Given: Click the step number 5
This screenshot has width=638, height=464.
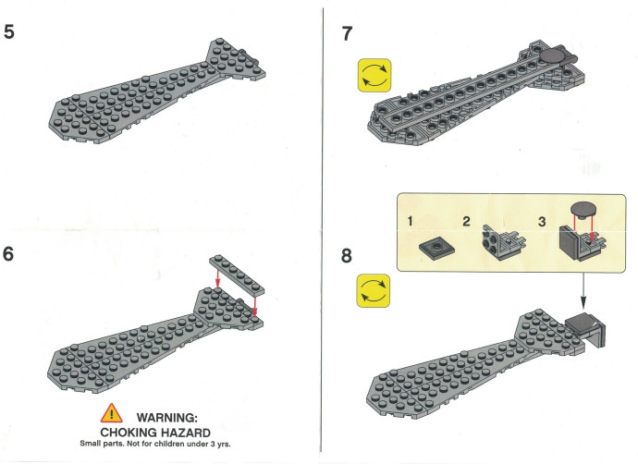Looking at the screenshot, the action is (x=9, y=31).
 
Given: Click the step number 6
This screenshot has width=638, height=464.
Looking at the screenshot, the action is (x=8, y=254).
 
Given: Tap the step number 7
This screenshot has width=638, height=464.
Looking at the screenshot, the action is (x=347, y=34).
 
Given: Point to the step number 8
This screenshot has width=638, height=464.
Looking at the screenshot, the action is (x=346, y=256).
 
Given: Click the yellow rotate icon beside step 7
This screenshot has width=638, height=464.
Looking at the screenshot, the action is (x=374, y=75).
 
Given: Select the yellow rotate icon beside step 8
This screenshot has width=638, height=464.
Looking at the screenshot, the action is (x=374, y=290).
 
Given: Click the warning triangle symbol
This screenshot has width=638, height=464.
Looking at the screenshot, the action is (x=112, y=413).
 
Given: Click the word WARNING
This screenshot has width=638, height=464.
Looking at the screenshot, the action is (x=166, y=418).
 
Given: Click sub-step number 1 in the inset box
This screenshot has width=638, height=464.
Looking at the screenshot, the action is (x=410, y=221).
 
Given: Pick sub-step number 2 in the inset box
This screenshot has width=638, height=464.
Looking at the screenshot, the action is (x=466, y=221).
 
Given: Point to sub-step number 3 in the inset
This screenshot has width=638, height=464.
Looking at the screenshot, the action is (x=542, y=222).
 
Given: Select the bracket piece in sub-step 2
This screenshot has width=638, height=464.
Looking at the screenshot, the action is (x=504, y=241).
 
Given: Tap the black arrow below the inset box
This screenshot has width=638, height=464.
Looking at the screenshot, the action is (x=583, y=290).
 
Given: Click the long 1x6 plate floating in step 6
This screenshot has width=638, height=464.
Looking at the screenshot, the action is (x=237, y=275).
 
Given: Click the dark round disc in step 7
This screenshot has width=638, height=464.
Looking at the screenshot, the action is (x=553, y=55).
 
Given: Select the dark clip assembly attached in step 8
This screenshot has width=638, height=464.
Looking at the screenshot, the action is (x=586, y=330).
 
